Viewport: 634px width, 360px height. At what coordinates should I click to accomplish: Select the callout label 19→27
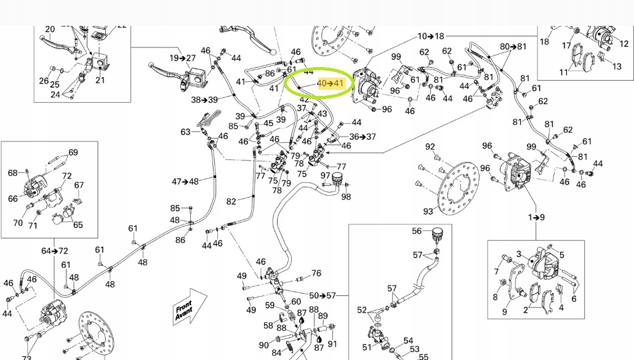[x=182, y=58]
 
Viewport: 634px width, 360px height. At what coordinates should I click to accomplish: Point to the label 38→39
[x=204, y=100]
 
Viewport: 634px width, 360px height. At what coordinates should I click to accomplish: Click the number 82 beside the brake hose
[x=231, y=201]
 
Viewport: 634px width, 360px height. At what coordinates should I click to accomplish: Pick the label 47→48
[x=185, y=182]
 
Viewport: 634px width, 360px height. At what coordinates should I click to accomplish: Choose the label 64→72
[x=55, y=251]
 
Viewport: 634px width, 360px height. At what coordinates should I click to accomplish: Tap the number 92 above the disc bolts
[x=430, y=146]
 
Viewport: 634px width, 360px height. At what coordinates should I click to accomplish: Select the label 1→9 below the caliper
[x=536, y=217]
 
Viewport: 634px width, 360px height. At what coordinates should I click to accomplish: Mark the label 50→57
[x=323, y=296]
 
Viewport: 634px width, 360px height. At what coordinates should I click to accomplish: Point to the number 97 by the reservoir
[x=325, y=176]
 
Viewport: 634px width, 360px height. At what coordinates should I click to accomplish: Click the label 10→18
[x=431, y=36]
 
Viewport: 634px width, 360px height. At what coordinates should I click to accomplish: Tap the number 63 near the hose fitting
[x=186, y=132]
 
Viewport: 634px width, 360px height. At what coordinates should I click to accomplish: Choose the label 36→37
[x=363, y=137]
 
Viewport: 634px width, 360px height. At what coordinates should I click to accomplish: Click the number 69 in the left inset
[x=73, y=153]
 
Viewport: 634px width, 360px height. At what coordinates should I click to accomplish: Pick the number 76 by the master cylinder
[x=316, y=273]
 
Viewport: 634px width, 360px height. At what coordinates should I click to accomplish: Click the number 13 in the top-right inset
[x=617, y=66]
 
